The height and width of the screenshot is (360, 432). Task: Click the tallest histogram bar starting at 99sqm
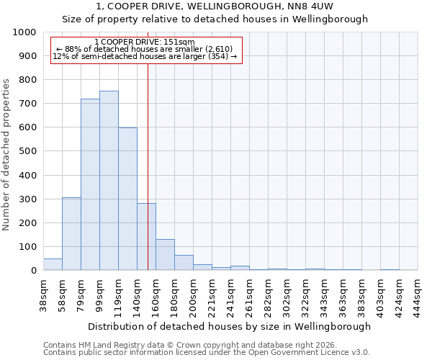point(109,180)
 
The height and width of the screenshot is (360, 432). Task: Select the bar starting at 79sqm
point(90,184)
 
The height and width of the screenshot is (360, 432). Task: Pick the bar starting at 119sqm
point(127,199)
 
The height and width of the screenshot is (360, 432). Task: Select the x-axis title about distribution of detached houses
point(230,326)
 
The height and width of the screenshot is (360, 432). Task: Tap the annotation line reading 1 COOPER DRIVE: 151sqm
point(145,42)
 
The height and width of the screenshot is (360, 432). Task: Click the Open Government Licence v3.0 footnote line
point(207,353)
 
